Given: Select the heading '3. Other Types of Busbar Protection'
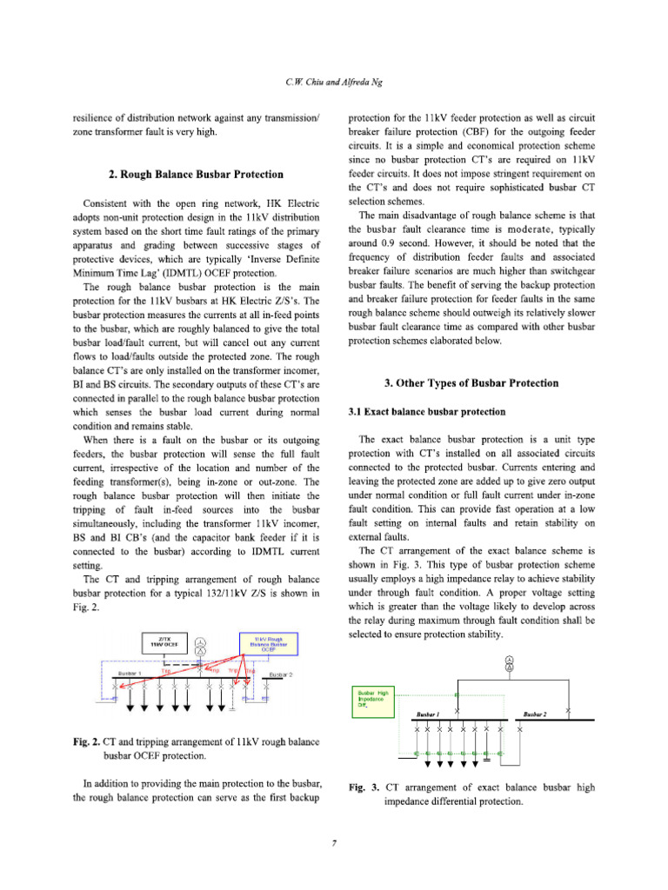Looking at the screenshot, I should click(x=471, y=382).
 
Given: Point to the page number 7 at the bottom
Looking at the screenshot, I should click(x=334, y=840).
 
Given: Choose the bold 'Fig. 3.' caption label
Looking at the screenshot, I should click(x=362, y=787).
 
